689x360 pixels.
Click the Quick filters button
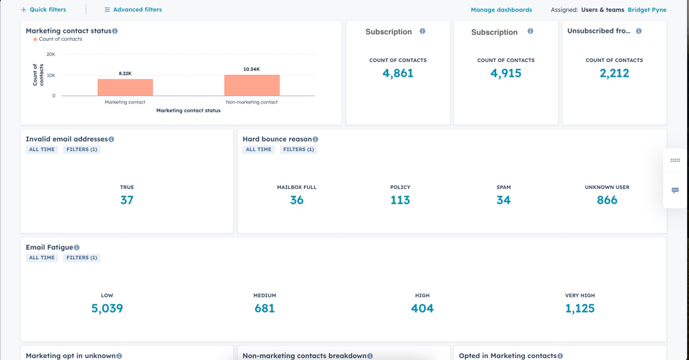43,10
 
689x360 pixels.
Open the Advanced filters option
133,10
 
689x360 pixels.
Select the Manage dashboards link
501,10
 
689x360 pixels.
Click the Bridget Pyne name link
646,10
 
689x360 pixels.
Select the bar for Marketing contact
125,87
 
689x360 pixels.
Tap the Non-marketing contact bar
252,85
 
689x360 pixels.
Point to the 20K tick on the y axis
51,54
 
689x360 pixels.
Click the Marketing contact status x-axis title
188,111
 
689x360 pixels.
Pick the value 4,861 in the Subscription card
398,73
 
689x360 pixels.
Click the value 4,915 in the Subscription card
505,73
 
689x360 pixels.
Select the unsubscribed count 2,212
614,73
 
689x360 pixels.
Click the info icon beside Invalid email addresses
111,140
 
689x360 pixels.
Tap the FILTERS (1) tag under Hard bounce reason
298,150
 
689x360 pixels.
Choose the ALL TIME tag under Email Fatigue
41,258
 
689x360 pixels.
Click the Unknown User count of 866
606,200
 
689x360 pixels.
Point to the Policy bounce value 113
400,200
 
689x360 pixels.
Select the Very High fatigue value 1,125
580,309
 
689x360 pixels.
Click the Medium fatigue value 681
264,309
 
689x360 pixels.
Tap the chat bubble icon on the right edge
675,190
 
